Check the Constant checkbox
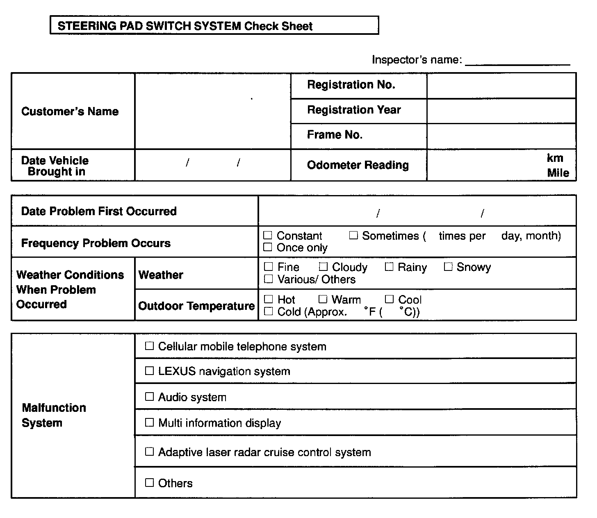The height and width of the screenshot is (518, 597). tap(268, 235)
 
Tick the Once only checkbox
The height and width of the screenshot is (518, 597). tap(268, 247)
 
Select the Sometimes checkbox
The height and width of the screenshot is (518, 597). tap(353, 235)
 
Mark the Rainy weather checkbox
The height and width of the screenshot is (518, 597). tap(389, 267)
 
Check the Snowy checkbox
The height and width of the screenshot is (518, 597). tap(448, 267)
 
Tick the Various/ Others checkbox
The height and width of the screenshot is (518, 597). tap(269, 279)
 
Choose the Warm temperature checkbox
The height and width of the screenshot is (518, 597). tap(323, 299)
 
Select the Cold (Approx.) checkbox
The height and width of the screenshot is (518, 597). tap(269, 311)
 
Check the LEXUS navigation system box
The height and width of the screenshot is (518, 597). tap(150, 371)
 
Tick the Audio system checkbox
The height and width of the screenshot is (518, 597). tap(150, 397)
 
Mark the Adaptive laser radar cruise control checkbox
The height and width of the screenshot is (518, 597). tap(150, 452)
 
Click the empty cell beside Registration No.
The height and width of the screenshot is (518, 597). tap(501, 86)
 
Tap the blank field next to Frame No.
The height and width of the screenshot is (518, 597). tap(501, 136)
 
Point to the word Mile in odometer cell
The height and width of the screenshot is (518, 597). tap(558, 173)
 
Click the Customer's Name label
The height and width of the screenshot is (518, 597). tap(70, 111)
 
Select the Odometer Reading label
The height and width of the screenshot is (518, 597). tap(358, 165)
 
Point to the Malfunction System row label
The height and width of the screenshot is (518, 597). tap(54, 415)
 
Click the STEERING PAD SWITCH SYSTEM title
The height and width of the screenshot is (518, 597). tap(185, 26)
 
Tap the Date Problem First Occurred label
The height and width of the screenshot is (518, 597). tap(99, 211)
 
